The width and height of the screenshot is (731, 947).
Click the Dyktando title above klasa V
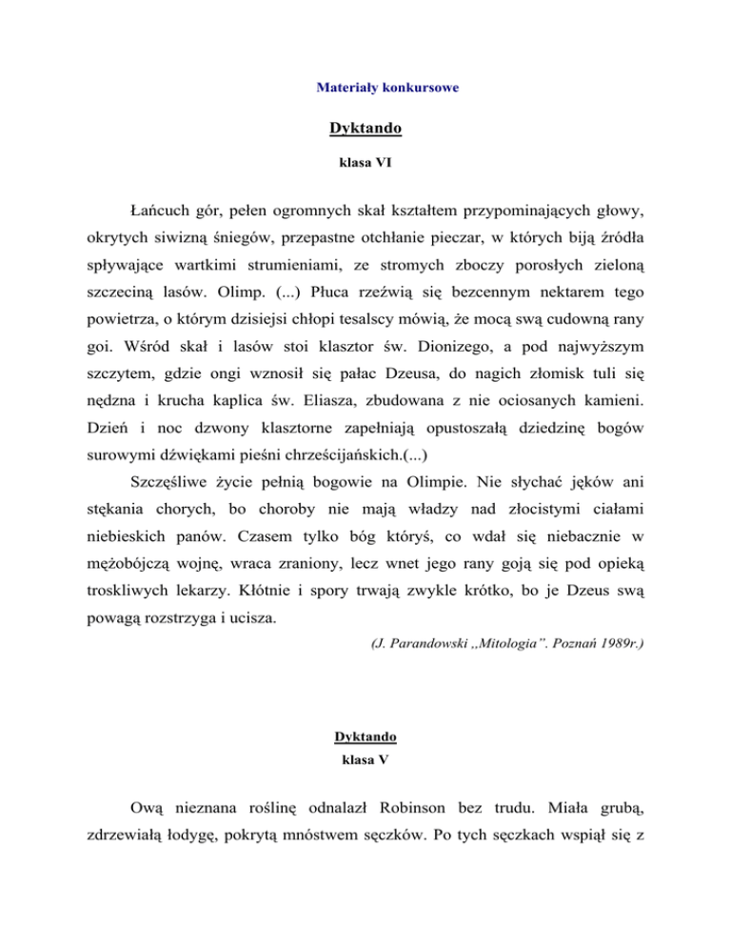(x=365, y=736)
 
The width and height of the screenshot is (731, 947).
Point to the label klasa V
(x=365, y=762)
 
